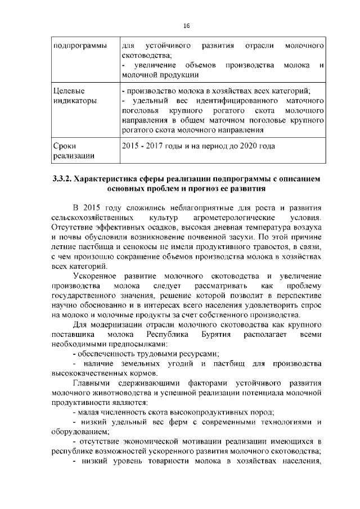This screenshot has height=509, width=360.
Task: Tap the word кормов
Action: coord(145,373)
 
